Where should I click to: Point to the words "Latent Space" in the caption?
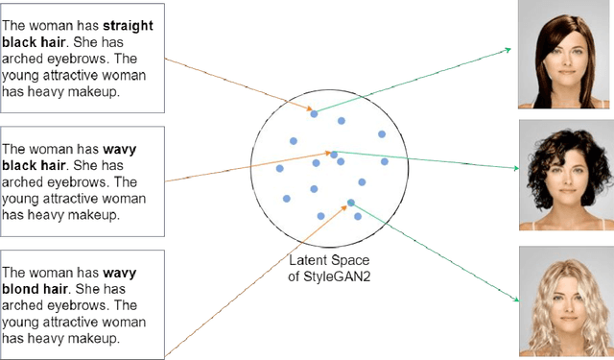point(329,261)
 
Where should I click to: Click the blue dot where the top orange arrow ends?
point(313,114)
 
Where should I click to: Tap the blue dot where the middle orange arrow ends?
point(334,155)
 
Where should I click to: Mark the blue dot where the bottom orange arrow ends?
point(351,203)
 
